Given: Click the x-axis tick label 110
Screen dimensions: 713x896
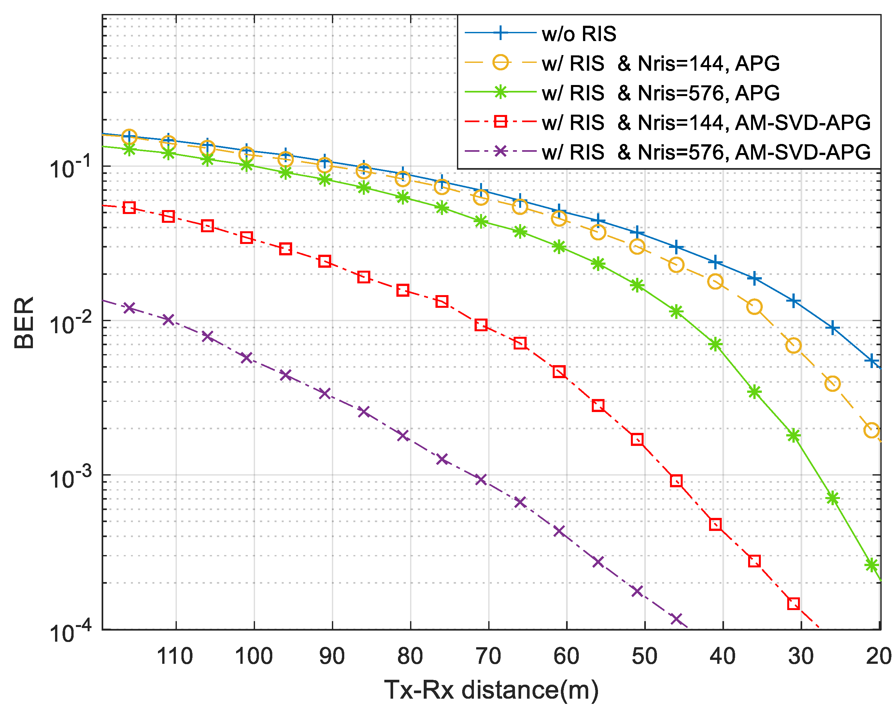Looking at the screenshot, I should [x=175, y=657].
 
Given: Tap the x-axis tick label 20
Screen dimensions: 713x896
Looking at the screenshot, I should [x=879, y=657].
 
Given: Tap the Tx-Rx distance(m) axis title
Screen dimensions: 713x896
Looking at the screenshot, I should [x=491, y=690].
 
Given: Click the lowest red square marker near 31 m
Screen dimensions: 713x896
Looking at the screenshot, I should [x=793, y=603].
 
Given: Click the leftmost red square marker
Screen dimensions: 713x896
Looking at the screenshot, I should [x=129, y=208].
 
